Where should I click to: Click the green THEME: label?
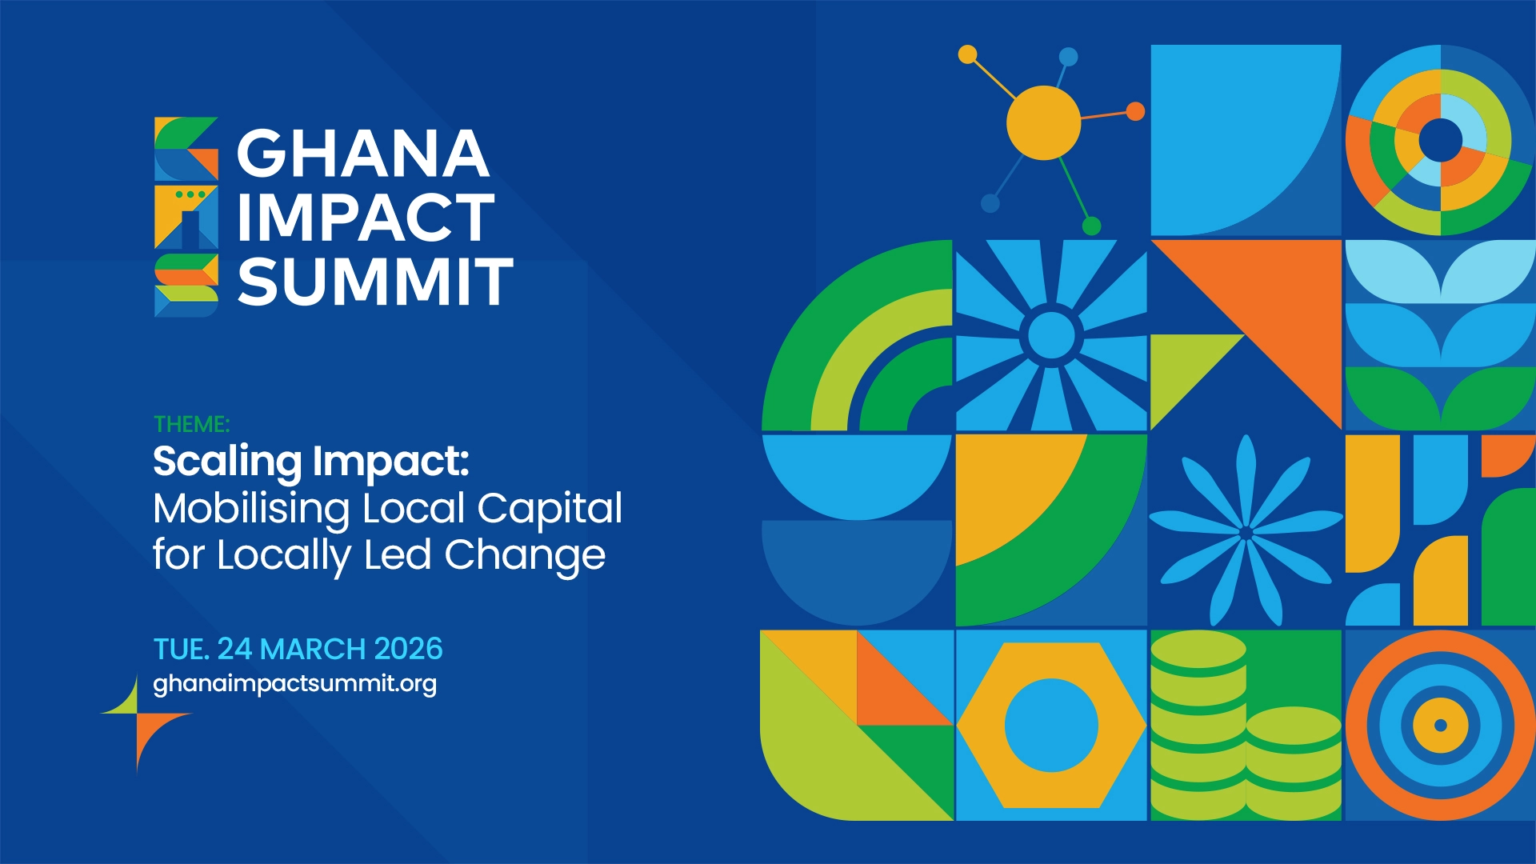coord(191,424)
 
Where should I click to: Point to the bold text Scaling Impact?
coord(311,462)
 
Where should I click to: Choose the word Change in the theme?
coord(525,556)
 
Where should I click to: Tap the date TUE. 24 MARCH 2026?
coord(298,649)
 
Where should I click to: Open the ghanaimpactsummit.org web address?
coord(294,685)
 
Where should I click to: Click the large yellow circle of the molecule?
coord(1043,122)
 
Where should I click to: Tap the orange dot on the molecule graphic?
coord(1135,111)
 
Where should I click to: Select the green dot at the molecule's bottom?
coord(1091,226)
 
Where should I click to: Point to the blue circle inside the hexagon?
coord(1051,725)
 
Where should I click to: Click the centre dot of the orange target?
coord(1440,726)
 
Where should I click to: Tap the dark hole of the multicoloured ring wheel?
coord(1441,140)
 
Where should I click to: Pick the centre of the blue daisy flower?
coord(1246,533)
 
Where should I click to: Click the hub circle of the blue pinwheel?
coord(1051,334)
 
